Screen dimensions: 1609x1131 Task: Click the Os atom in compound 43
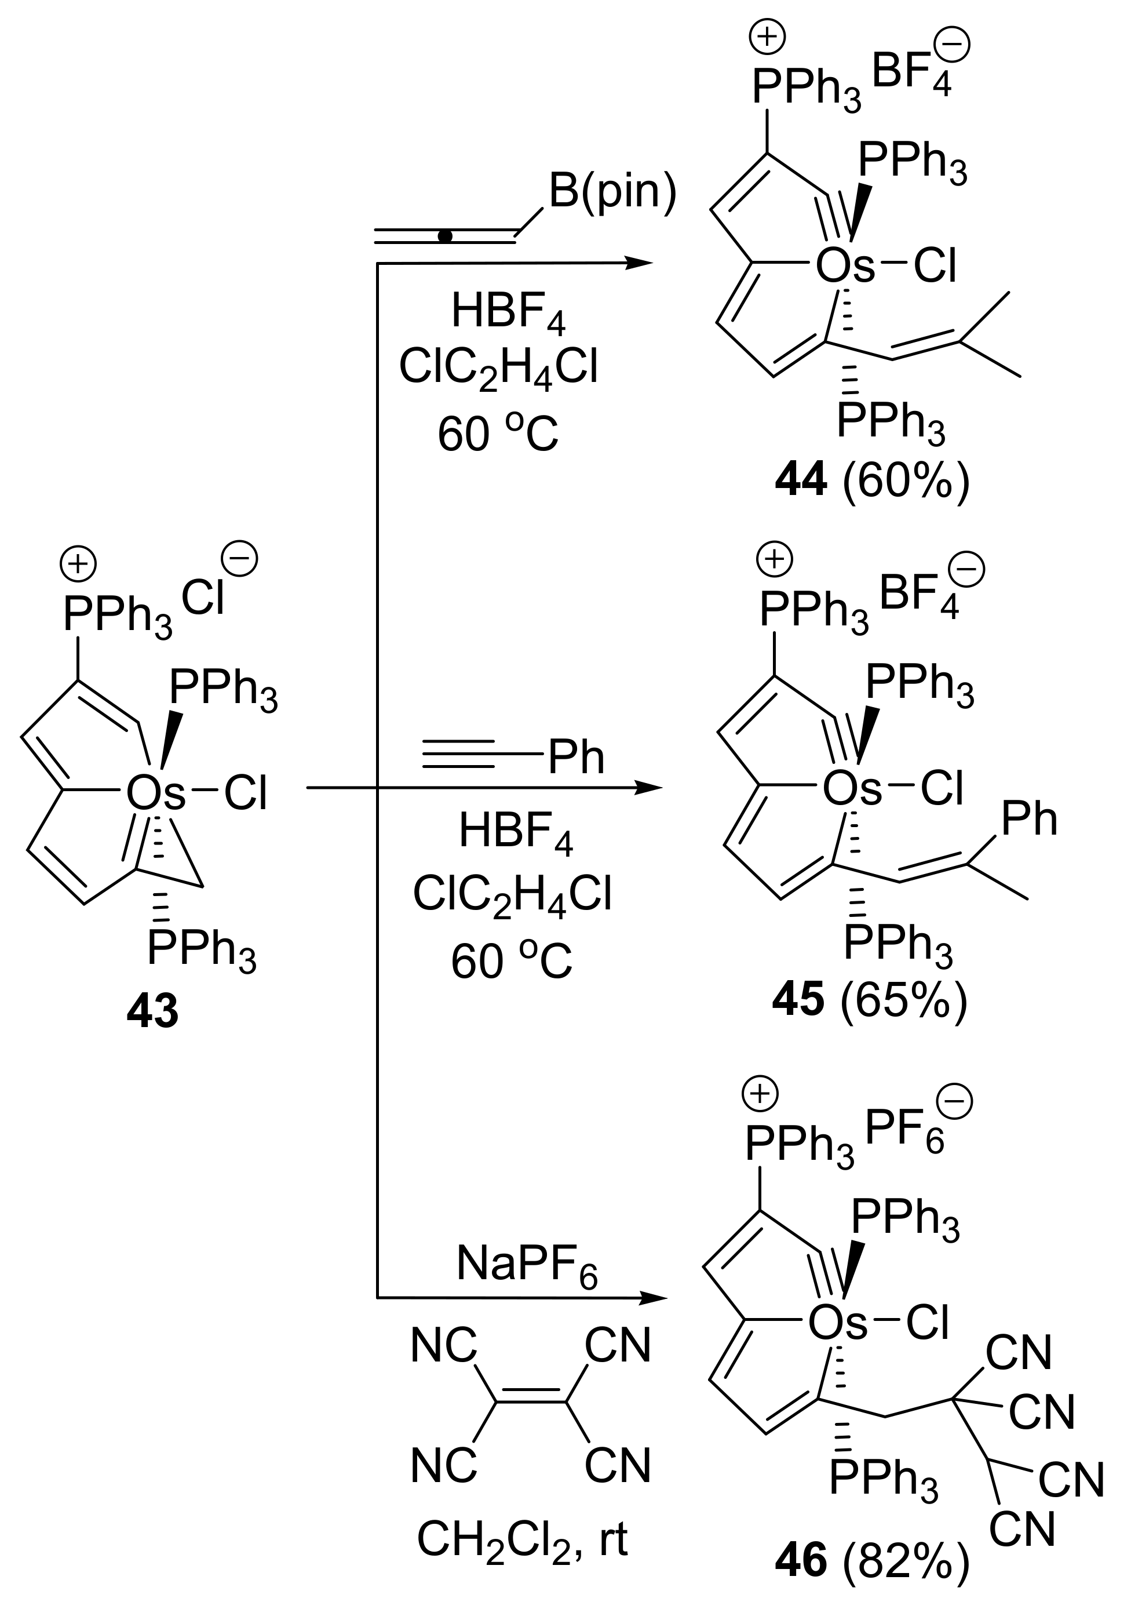point(155,794)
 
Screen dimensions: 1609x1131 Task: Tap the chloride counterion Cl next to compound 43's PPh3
point(203,600)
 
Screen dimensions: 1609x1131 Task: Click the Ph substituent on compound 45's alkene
point(1028,818)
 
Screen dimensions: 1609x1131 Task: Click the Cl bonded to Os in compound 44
point(935,267)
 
